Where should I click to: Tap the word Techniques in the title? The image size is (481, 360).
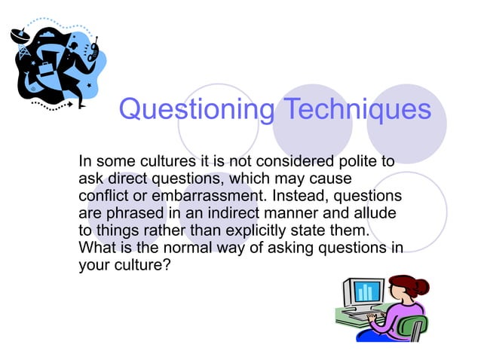(x=357, y=110)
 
